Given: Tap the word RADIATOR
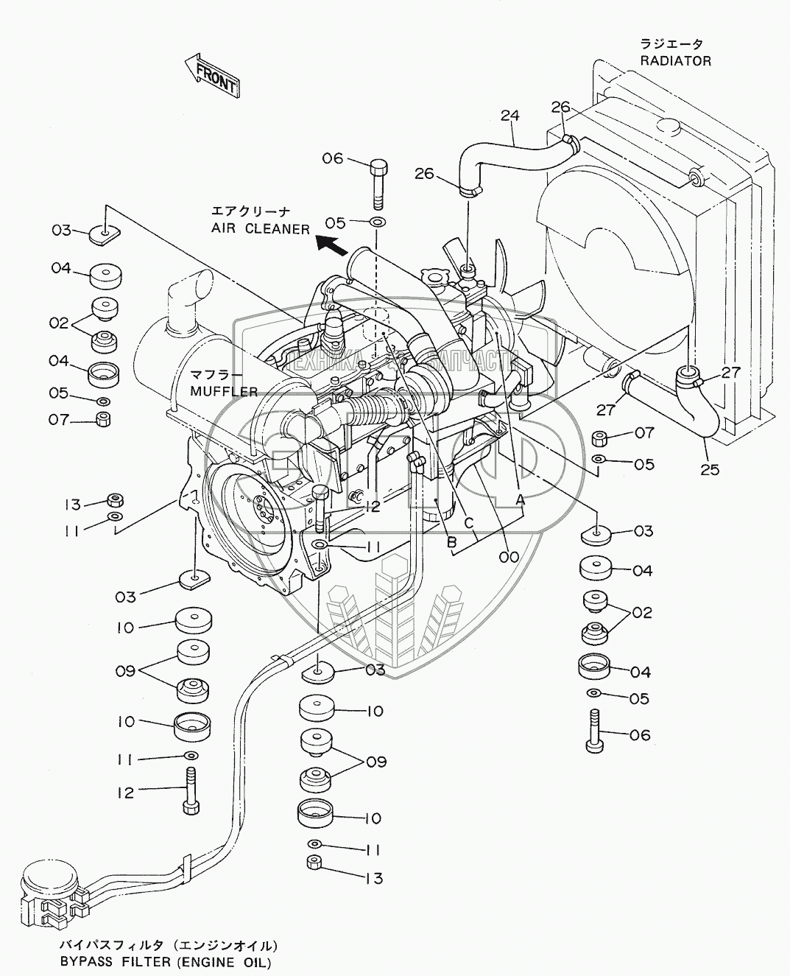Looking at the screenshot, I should (x=675, y=61).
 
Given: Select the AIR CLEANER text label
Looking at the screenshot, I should (x=261, y=228).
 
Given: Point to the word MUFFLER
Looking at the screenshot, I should (x=224, y=390).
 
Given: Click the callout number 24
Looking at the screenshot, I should (x=509, y=115).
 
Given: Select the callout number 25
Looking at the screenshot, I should (x=710, y=468).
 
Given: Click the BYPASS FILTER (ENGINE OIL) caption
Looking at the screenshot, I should (x=166, y=962).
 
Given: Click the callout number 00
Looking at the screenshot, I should (x=508, y=557).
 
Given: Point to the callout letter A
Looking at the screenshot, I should (x=520, y=499).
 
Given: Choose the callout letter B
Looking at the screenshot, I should (x=451, y=542).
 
